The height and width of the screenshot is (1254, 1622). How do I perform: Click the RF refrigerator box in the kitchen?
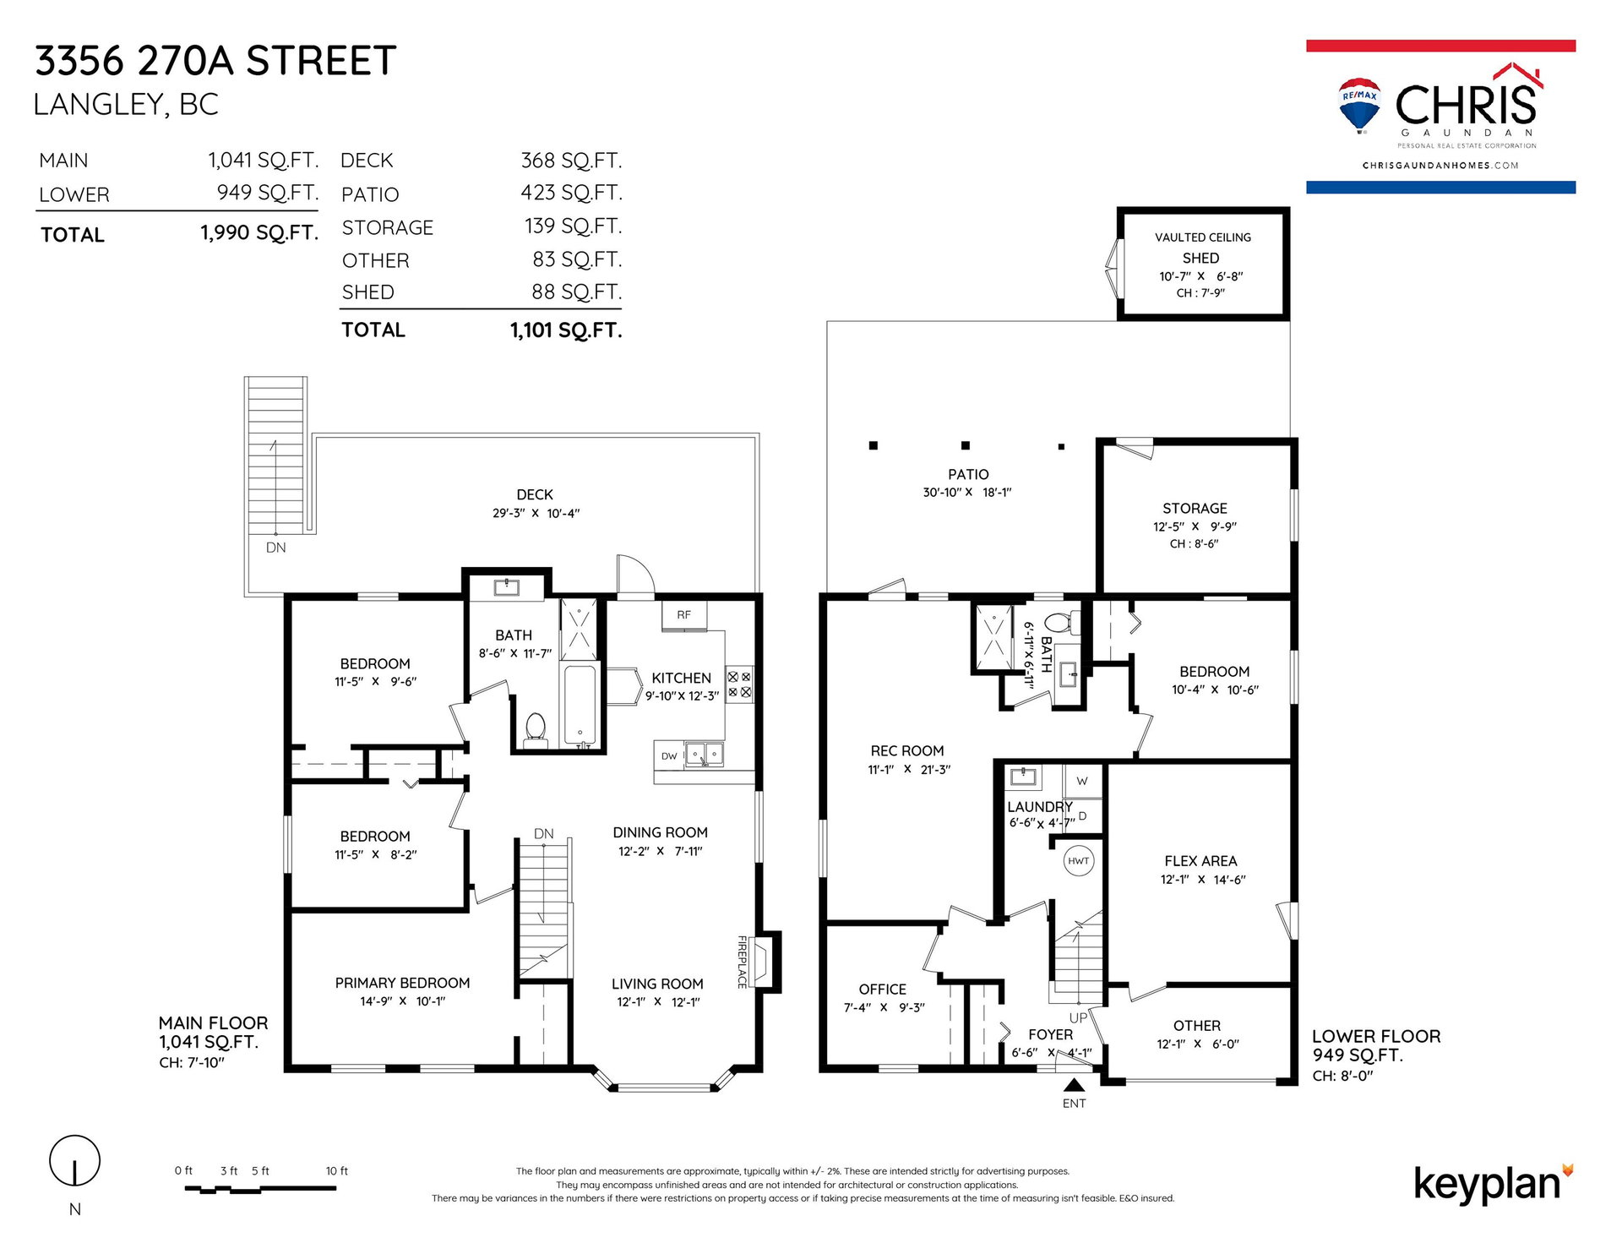click(x=684, y=615)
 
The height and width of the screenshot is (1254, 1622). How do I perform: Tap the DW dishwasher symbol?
click(x=669, y=755)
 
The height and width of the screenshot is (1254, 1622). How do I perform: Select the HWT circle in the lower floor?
click(x=1079, y=861)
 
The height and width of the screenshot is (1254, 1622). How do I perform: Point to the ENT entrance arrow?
click(x=1074, y=1085)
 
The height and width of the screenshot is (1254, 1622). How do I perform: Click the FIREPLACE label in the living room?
click(x=743, y=962)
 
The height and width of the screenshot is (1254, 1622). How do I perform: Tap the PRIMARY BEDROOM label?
click(x=402, y=983)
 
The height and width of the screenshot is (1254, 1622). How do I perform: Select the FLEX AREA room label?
click(x=1200, y=861)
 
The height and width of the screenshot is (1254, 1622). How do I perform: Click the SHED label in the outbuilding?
click(x=1200, y=258)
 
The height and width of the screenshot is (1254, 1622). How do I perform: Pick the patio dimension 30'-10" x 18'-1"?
click(x=967, y=492)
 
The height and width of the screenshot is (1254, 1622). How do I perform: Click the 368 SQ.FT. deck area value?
click(x=571, y=161)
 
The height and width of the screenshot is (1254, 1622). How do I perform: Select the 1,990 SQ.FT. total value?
click(x=259, y=232)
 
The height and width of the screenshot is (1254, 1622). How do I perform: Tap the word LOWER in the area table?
click(x=74, y=195)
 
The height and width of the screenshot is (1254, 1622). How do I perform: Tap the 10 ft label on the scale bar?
click(x=337, y=1171)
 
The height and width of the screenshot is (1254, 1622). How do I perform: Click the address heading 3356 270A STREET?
click(x=215, y=61)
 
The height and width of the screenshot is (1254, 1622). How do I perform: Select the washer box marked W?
click(x=1082, y=781)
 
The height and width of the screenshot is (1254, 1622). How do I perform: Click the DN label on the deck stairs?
click(x=275, y=548)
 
